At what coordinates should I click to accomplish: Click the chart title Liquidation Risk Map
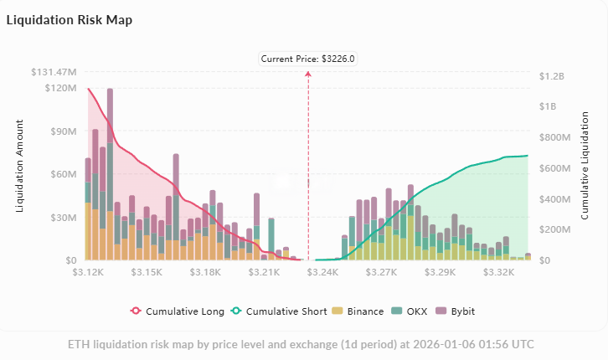point(69,19)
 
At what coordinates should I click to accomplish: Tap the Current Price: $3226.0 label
point(308,59)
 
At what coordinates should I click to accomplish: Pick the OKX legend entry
point(415,311)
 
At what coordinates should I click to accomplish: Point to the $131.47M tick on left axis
point(54,74)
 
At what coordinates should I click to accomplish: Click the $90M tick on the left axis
point(61,131)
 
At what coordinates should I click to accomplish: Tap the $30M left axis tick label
point(61,218)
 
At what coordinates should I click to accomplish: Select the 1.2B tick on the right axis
point(553,75)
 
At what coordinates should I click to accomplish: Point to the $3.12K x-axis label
point(88,272)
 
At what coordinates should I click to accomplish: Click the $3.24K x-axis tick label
point(323,272)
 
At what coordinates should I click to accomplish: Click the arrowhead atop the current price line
point(308,75)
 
